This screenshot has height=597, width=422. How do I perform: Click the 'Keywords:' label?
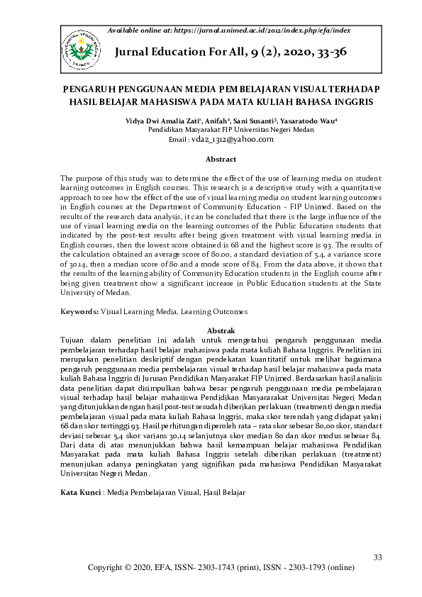click(79, 311)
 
